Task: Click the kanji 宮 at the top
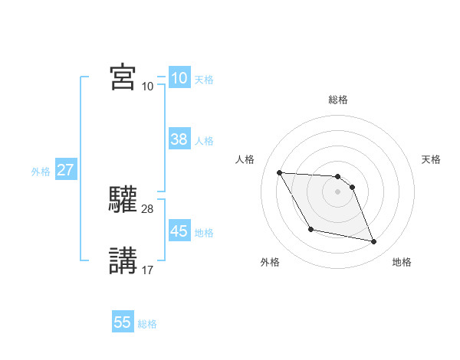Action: coord(123,77)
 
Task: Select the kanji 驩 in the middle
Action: coord(123,199)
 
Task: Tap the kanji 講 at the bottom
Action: coord(123,260)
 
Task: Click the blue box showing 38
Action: coord(179,139)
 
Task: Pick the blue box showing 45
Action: coord(179,231)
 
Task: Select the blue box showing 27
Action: coord(66,170)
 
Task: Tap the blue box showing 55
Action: coord(123,322)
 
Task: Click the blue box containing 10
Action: coord(179,78)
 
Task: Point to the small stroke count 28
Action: coord(148,208)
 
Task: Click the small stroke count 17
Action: coord(148,270)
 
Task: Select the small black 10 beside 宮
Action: coord(148,86)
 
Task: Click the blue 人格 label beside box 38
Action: coord(204,141)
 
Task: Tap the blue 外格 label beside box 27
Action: coord(41,172)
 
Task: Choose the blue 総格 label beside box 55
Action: coord(147,324)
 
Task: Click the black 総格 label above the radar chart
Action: coord(338,100)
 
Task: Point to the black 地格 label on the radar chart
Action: coord(402,262)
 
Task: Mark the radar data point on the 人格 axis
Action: coord(279,172)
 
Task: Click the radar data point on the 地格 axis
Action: coord(374,242)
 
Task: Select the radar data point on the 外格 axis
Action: coord(310,229)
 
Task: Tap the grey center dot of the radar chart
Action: coord(338,191)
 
